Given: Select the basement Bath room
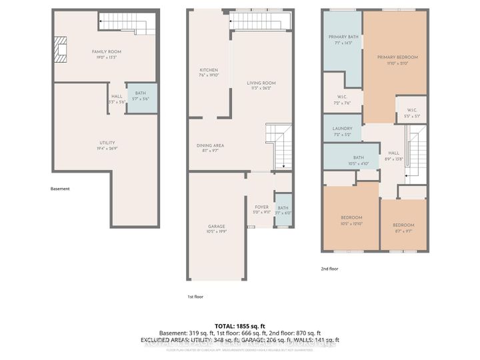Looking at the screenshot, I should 141,97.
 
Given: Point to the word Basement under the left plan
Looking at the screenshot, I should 60,189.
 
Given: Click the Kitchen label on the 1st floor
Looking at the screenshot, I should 209,73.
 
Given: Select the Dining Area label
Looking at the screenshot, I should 210,148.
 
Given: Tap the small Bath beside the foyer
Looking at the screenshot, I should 283,210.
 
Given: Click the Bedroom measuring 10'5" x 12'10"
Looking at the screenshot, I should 351,221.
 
